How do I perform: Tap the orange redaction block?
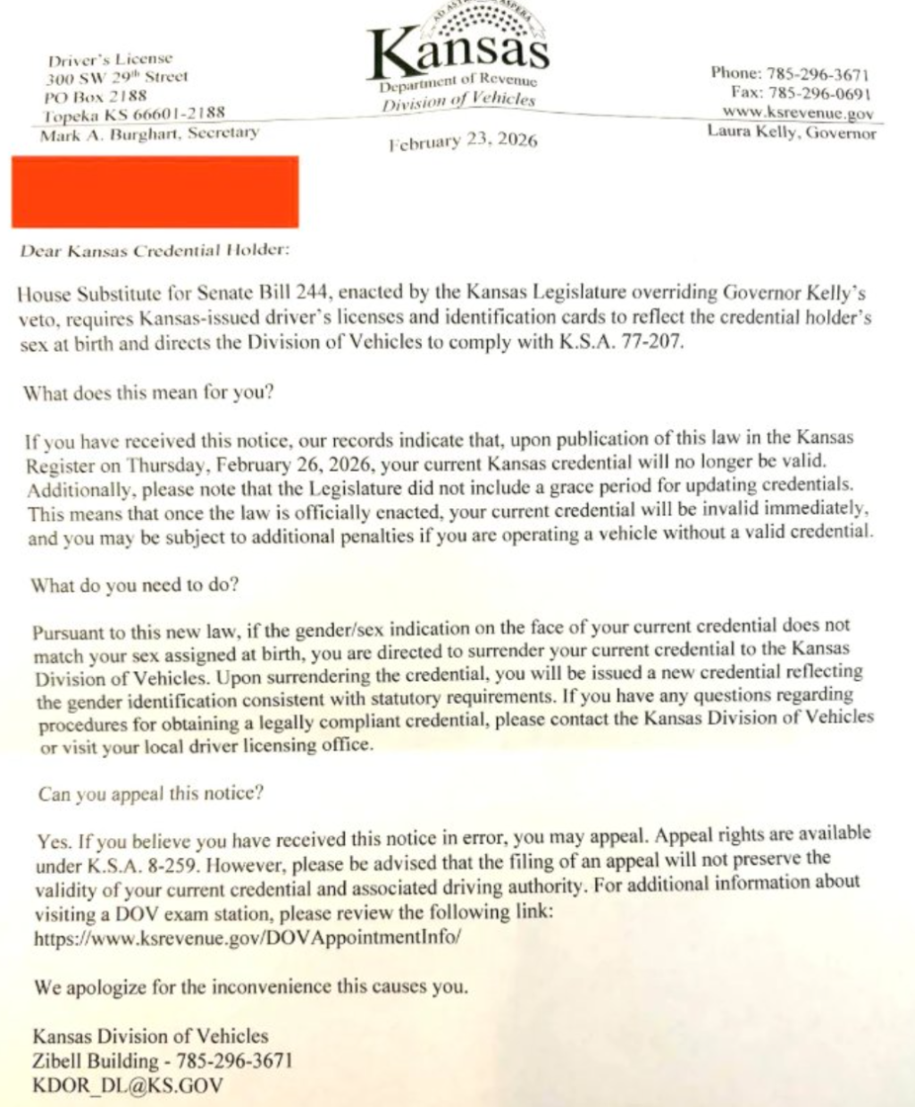pyautogui.click(x=155, y=191)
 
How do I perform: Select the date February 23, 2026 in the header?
pyautogui.click(x=463, y=141)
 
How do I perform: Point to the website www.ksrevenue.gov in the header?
pyautogui.click(x=798, y=113)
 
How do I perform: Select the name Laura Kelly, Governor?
pyautogui.click(x=792, y=133)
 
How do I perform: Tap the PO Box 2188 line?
pyautogui.click(x=96, y=96)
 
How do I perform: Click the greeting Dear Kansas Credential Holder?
pyautogui.click(x=155, y=250)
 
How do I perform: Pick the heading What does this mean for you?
pyautogui.click(x=148, y=392)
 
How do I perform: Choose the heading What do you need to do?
pyautogui.click(x=135, y=585)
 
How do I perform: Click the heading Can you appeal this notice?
pyautogui.click(x=151, y=793)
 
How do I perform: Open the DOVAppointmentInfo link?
pyautogui.click(x=248, y=938)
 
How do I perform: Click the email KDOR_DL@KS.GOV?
pyautogui.click(x=128, y=1086)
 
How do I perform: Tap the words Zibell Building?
pyautogui.click(x=96, y=1061)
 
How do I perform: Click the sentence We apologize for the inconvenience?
pyautogui.click(x=250, y=987)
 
